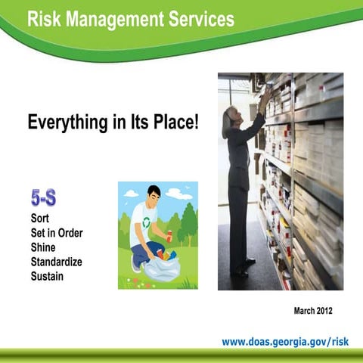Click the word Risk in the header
[43, 20]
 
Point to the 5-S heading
[44, 199]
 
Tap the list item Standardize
[57, 262]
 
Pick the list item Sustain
[47, 276]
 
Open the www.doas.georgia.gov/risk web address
[286, 342]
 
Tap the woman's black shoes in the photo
[244, 268]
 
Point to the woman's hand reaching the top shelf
[265, 94]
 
